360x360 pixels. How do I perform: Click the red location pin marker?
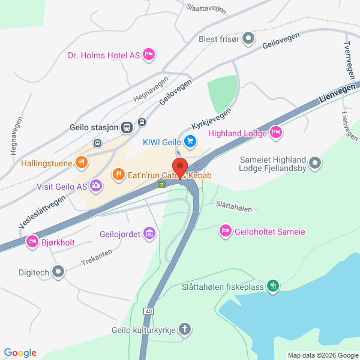(x=179, y=167)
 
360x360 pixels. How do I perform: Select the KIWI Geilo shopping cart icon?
(x=190, y=142)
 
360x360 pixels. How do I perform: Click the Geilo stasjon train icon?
(x=127, y=127)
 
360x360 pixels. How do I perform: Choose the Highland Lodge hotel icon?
(x=276, y=133)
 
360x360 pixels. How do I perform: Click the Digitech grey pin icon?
(x=58, y=272)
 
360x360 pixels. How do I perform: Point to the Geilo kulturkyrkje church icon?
(x=185, y=329)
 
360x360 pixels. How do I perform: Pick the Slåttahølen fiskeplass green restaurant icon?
(x=274, y=286)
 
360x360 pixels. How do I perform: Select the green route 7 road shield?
(x=162, y=184)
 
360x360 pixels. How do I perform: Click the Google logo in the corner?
(x=20, y=352)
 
